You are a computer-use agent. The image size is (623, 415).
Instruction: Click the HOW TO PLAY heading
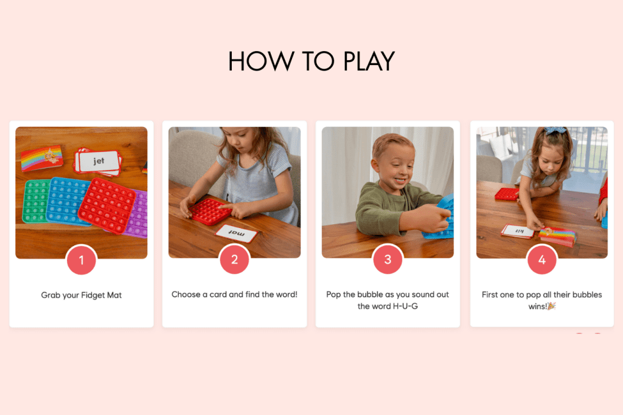click(x=311, y=61)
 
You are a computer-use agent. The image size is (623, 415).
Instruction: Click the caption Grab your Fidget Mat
click(x=82, y=295)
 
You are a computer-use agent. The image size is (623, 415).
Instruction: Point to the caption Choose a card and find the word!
click(x=234, y=295)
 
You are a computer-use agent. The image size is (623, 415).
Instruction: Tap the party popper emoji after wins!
click(x=552, y=306)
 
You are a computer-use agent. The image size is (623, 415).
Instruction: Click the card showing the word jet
click(x=99, y=161)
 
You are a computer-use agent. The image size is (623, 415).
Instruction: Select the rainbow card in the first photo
click(x=42, y=159)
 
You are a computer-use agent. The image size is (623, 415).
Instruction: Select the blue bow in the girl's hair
click(x=555, y=131)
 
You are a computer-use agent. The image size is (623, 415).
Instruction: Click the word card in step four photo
click(x=517, y=232)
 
